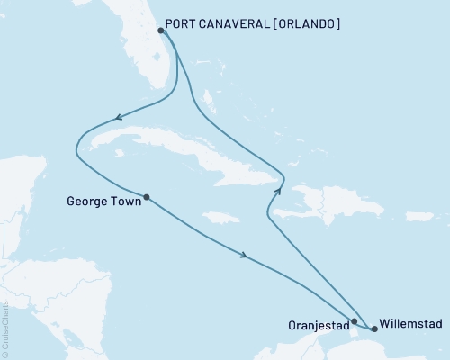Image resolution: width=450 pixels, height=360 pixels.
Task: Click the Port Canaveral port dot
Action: [x=160, y=30]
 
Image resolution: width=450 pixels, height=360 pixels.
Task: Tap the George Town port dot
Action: [x=146, y=197]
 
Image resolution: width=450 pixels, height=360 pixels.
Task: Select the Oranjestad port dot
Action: [x=355, y=321]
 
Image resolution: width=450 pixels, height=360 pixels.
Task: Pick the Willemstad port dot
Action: [x=374, y=328]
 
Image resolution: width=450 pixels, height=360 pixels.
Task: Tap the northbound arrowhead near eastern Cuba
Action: [x=279, y=190]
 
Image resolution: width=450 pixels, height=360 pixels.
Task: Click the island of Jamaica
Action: [x=221, y=217]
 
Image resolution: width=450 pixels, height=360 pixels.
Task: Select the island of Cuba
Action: [x=180, y=149]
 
